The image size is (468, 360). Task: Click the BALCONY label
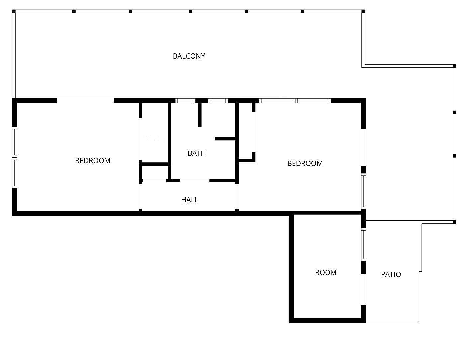189,56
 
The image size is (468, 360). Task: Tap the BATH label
197,153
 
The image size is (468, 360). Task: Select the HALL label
190,200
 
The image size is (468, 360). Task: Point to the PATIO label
391,274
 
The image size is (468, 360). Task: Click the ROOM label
326,272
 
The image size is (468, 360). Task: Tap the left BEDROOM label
93,161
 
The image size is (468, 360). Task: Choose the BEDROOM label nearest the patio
305,163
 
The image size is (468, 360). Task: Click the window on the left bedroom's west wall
14,157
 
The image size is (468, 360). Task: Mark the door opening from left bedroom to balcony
85,101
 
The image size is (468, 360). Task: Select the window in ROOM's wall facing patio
364,244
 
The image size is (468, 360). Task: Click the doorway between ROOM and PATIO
364,289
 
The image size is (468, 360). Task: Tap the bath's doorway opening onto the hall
195,180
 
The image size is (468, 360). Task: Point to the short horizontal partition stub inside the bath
225,139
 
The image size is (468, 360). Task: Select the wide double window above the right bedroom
295,101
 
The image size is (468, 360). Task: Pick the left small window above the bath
185,101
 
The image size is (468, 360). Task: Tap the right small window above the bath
218,101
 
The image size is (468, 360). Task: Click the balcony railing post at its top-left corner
14,11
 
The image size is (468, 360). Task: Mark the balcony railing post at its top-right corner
363,11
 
